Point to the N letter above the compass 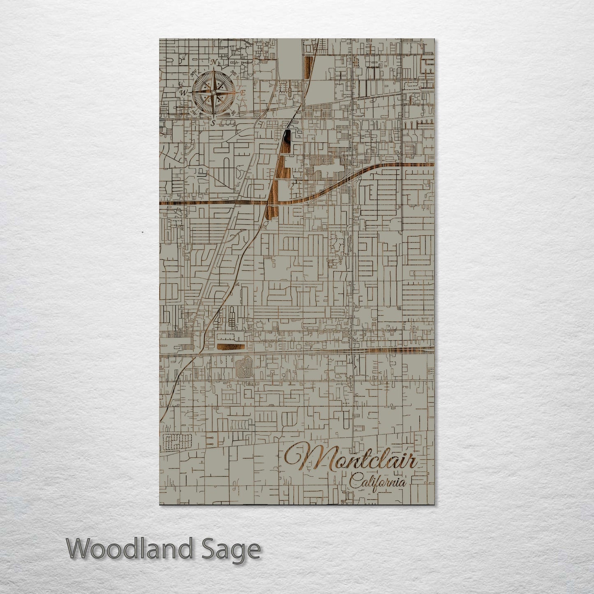click(214, 62)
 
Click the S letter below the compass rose click(213, 122)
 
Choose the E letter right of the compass click(243, 93)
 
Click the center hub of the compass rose click(213, 92)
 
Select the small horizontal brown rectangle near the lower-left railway click(231, 349)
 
